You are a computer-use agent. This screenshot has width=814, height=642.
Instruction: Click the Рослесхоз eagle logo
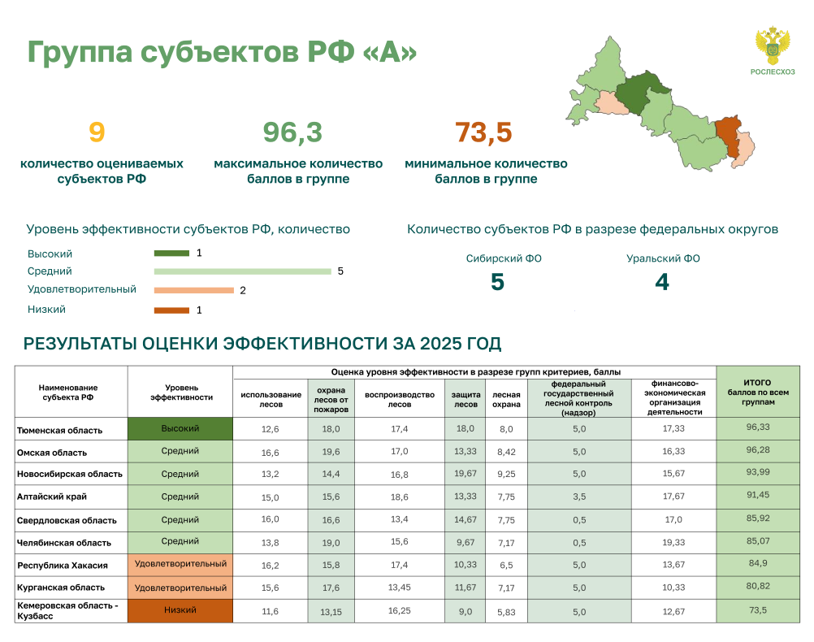[x=773, y=46]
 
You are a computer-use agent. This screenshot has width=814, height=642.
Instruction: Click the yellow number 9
[x=97, y=132]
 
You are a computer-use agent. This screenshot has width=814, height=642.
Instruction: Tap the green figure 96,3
[x=292, y=132]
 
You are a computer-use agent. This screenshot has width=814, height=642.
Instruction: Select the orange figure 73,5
[x=484, y=132]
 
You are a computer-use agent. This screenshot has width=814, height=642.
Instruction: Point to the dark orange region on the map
[x=727, y=134]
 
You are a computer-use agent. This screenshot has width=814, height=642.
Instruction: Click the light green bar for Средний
[x=242, y=271]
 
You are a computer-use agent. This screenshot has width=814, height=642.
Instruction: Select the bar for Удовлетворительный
[x=193, y=290]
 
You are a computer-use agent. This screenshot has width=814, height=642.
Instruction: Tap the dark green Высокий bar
[x=171, y=254]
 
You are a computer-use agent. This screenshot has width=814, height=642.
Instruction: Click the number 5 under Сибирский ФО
[x=497, y=282]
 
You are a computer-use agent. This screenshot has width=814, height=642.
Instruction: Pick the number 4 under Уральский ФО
[x=662, y=282]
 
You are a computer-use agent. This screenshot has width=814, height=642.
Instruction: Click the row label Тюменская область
[x=59, y=430]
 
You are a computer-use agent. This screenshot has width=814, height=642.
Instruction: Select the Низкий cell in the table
[x=180, y=611]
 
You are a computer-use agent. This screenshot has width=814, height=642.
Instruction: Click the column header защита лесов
[x=465, y=400]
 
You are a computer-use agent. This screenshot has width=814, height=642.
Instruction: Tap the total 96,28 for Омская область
[x=758, y=450]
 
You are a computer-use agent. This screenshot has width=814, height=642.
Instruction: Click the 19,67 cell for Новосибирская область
[x=465, y=474]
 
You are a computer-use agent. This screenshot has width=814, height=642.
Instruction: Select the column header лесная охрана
[x=506, y=400]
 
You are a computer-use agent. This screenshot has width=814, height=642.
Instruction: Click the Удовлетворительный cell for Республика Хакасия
[x=180, y=565]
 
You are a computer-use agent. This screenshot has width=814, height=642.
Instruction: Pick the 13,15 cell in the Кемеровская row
[x=331, y=612]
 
